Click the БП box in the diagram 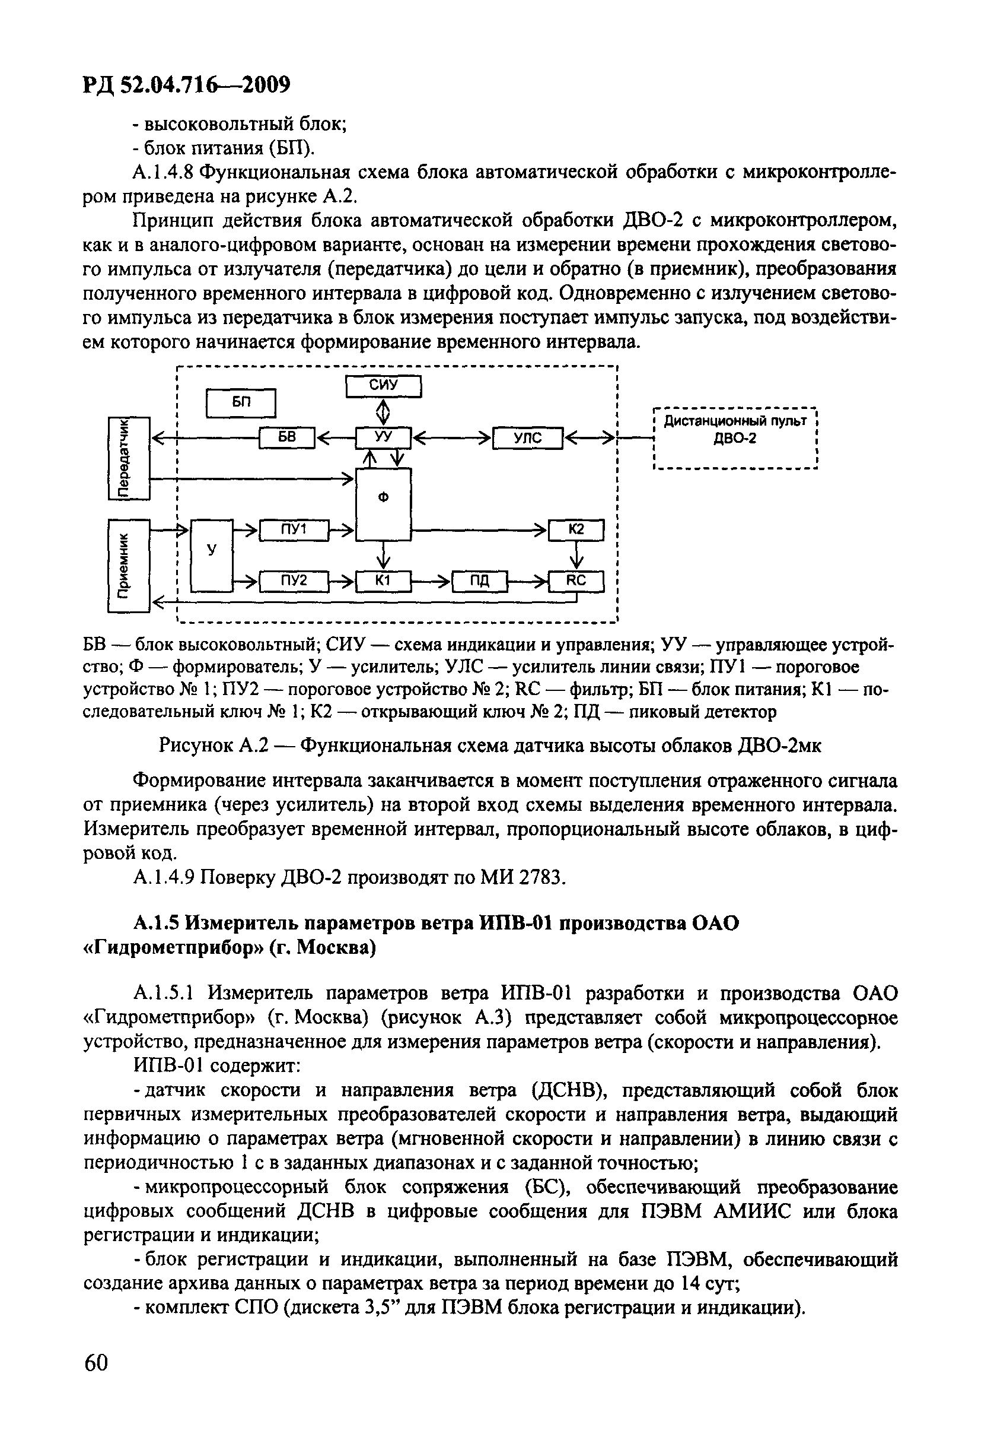241,402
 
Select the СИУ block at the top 384,386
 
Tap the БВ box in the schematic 287,438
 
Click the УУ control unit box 384,438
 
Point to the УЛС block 527,438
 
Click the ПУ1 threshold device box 294,529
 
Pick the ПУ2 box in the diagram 294,580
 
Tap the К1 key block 384,580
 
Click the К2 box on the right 576,529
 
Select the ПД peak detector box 480,580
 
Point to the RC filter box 576,580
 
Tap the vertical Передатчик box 129,458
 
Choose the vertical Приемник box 129,565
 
